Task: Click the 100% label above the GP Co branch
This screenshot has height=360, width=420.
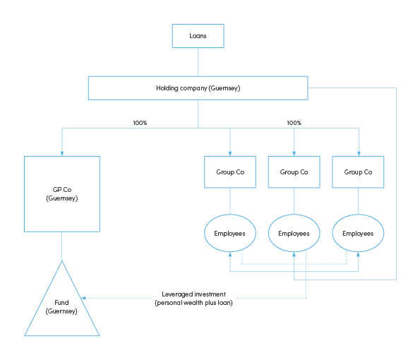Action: coord(140,123)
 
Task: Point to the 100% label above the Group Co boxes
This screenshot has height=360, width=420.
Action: coord(294,123)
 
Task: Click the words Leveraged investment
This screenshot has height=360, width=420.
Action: coord(193,294)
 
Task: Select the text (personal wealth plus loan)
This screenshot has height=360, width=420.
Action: coord(193,303)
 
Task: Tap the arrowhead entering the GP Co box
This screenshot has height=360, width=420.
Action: coord(62,154)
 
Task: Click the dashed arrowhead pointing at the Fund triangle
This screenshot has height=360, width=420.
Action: coord(83,298)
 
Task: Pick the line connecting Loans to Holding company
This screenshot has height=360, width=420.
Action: coord(198,62)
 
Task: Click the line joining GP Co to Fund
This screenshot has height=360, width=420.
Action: coord(62,246)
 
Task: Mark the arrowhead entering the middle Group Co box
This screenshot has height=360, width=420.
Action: coord(294,154)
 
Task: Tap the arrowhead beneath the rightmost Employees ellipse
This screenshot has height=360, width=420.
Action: coord(358,254)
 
